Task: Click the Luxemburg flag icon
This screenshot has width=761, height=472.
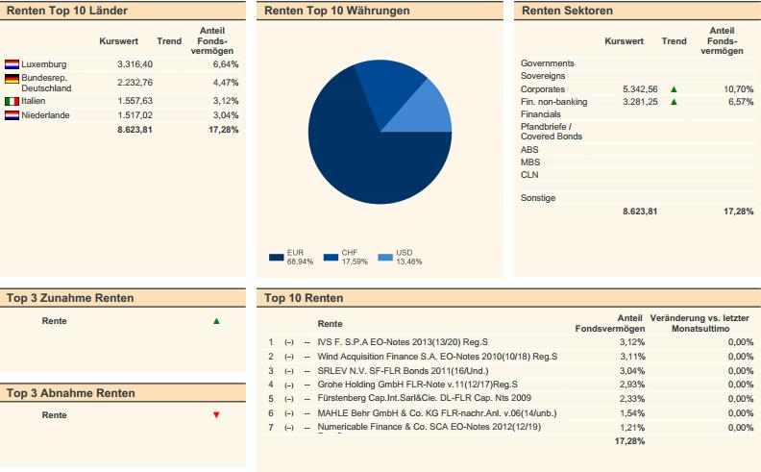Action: pyautogui.click(x=12, y=64)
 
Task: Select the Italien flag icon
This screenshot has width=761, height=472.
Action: pyautogui.click(x=12, y=101)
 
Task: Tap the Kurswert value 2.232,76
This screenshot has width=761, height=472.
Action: pyautogui.click(x=134, y=82)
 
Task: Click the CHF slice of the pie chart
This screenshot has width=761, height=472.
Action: pyautogui.click(x=385, y=85)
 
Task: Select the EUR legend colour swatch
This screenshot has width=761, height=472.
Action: pyautogui.click(x=277, y=258)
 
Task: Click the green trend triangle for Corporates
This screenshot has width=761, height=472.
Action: pyautogui.click(x=674, y=88)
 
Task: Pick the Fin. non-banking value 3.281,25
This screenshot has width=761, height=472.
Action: pyautogui.click(x=639, y=101)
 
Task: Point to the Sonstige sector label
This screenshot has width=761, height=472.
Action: pyautogui.click(x=538, y=198)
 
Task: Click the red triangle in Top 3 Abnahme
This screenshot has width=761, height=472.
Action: pyautogui.click(x=216, y=415)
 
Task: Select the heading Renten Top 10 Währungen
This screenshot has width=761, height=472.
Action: pyautogui.click(x=336, y=11)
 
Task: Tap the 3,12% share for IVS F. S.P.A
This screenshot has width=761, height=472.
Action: pyautogui.click(x=632, y=342)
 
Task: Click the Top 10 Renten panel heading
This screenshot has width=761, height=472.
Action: pyautogui.click(x=304, y=298)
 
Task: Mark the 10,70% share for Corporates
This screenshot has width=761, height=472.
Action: pyautogui.click(x=738, y=88)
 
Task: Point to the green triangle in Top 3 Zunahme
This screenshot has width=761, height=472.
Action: pyautogui.click(x=216, y=321)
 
